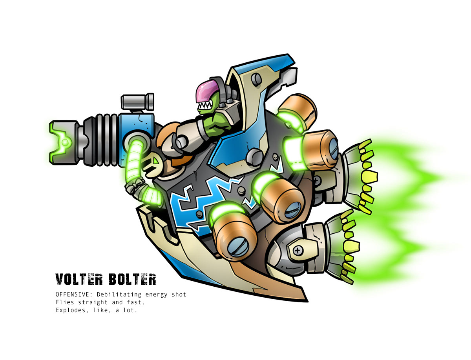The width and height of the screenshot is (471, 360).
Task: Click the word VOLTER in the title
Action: [79, 279]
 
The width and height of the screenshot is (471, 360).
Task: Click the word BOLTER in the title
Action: [132, 279]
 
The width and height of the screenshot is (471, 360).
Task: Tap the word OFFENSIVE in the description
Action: [72, 294]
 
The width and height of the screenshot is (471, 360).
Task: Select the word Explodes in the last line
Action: [71, 310]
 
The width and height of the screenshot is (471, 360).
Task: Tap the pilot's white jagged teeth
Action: [205, 105]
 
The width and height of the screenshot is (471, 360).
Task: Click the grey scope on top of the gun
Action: [137, 102]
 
